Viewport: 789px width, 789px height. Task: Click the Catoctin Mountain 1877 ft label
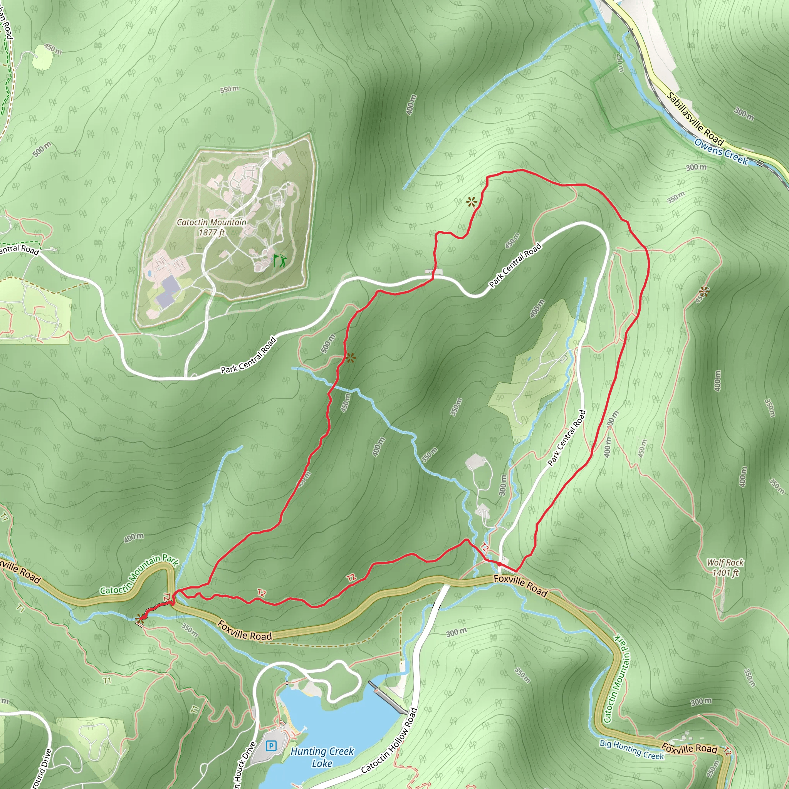[x=212, y=227]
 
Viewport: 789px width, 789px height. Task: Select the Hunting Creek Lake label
[x=322, y=757]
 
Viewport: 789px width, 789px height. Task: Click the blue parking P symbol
[x=270, y=746]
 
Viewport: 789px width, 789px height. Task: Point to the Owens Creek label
[x=721, y=151]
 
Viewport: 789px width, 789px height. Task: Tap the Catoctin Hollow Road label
[x=389, y=740]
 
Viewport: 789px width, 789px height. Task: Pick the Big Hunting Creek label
[x=632, y=749]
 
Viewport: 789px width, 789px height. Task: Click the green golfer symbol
[x=280, y=260]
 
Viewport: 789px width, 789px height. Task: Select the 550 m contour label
[x=229, y=89]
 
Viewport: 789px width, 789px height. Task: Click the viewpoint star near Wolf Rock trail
[x=703, y=291]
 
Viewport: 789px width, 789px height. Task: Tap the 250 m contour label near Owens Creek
[x=620, y=63]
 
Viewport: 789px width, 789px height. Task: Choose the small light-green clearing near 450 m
[x=42, y=57]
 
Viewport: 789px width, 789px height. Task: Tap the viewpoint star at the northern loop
[x=472, y=202]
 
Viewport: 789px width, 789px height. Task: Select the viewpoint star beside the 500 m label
[x=351, y=358]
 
